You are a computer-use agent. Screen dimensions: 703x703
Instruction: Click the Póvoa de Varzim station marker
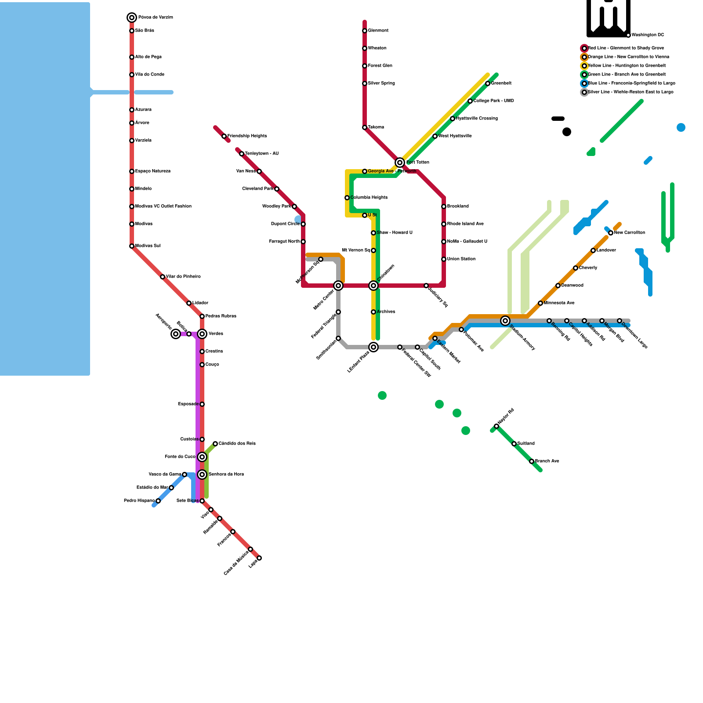pyautogui.click(x=132, y=18)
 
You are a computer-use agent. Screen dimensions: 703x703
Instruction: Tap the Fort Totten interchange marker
pyautogui.click(x=400, y=163)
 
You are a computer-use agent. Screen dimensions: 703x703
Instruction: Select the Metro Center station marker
pyautogui.click(x=338, y=286)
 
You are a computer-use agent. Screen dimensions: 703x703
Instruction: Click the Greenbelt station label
pyautogui.click(x=501, y=83)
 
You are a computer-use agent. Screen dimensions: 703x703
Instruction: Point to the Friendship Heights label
pyautogui.click(x=247, y=136)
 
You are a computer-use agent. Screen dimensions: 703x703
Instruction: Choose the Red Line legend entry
pyautogui.click(x=626, y=48)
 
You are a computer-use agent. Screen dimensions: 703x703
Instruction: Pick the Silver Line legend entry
pyautogui.click(x=630, y=92)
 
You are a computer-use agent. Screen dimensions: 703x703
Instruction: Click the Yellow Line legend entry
pyautogui.click(x=627, y=66)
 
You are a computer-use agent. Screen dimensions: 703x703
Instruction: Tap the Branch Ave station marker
pyautogui.click(x=532, y=461)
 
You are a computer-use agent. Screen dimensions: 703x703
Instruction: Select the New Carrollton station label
pyautogui.click(x=629, y=233)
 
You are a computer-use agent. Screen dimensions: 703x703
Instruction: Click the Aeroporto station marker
pyautogui.click(x=176, y=334)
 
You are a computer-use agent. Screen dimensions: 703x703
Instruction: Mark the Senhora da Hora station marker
pyautogui.click(x=202, y=475)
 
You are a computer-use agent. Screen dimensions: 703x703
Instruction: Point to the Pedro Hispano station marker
pyautogui.click(x=158, y=501)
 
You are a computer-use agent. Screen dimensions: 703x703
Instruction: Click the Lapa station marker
pyautogui.click(x=259, y=558)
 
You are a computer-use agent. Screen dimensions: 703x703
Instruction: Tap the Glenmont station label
pyautogui.click(x=378, y=31)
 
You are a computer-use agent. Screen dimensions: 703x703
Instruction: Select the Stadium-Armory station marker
pyautogui.click(x=505, y=321)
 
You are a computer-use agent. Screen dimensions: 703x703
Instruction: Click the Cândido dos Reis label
pyautogui.click(x=237, y=444)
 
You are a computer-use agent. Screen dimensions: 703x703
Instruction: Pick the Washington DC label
pyautogui.click(x=648, y=35)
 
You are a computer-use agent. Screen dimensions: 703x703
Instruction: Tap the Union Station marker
pyautogui.click(x=444, y=259)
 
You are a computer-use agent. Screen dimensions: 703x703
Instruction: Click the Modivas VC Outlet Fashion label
pyautogui.click(x=163, y=207)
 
